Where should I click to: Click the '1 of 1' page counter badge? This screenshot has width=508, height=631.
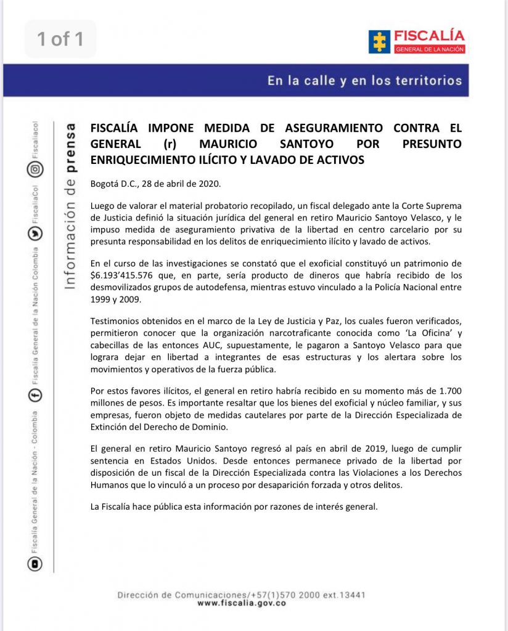click(x=60, y=39)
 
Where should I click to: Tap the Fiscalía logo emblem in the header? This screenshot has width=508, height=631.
click(x=378, y=41)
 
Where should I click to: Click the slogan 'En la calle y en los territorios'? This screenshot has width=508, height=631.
click(x=364, y=81)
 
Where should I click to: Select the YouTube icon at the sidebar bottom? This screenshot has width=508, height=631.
click(x=36, y=563)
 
